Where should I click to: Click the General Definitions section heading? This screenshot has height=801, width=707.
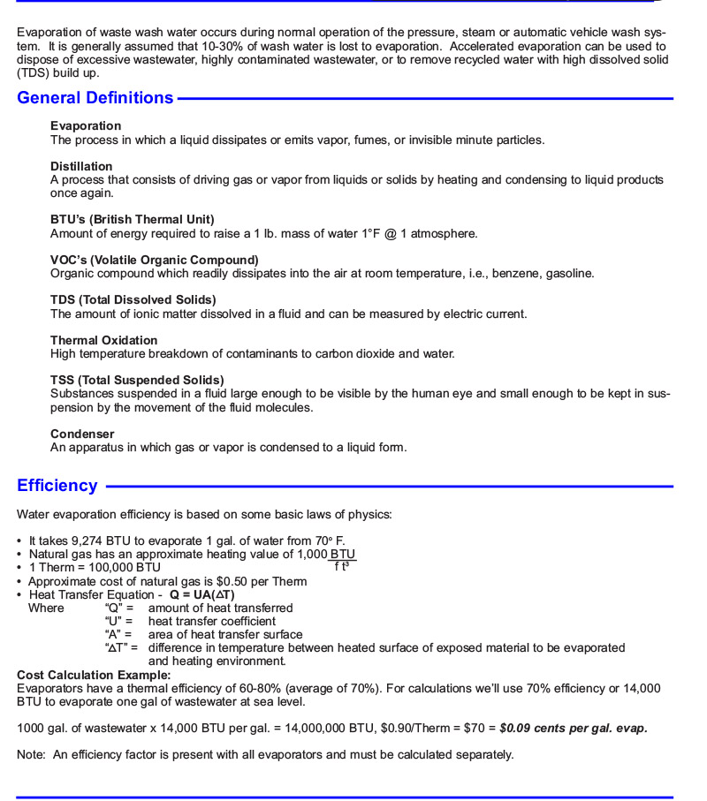click(x=95, y=98)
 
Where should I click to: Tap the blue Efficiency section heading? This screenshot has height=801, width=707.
click(x=57, y=486)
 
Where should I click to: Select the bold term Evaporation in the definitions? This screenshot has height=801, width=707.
click(x=86, y=126)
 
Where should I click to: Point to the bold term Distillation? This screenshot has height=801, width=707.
click(x=81, y=166)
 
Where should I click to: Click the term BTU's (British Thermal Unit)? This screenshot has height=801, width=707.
click(x=133, y=219)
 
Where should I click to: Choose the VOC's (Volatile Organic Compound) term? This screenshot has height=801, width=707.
click(x=155, y=260)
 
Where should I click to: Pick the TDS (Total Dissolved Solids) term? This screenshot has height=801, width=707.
click(x=137, y=299)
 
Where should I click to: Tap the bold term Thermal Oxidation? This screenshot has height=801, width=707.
click(x=104, y=340)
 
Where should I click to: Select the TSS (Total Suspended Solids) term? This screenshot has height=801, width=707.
click(x=137, y=380)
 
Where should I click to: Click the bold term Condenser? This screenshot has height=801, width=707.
click(x=82, y=434)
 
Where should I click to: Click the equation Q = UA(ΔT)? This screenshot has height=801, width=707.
click(x=202, y=594)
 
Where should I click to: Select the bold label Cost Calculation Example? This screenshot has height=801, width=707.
click(x=94, y=675)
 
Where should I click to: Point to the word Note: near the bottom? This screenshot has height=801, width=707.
click(x=32, y=755)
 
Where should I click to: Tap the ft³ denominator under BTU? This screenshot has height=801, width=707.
click(x=342, y=566)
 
